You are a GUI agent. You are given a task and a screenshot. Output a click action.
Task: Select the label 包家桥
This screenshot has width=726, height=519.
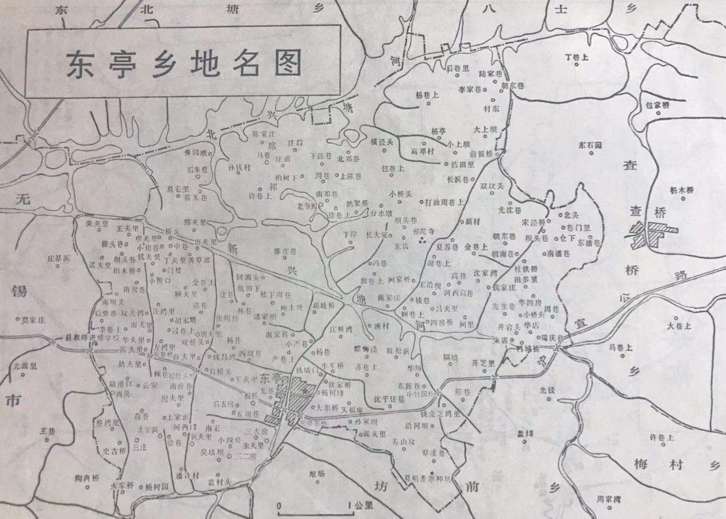658,104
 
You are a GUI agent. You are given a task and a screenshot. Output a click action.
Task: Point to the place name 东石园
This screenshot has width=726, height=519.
590,145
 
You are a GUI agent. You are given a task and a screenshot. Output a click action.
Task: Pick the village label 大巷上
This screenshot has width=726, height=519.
679,326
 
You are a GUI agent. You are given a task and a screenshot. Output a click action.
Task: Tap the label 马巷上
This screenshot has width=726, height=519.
621,347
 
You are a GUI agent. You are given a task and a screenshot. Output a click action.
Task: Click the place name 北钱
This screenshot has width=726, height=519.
548,391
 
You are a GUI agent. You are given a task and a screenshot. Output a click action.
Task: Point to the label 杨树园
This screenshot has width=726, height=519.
157,486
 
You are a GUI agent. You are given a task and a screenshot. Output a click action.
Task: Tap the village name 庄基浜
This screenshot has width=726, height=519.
58,258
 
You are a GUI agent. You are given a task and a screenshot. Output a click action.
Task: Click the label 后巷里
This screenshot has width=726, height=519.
458,69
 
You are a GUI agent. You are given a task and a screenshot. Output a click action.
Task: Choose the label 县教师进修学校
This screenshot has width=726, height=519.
91,338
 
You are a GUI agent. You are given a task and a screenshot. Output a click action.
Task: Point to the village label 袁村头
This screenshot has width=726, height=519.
220,481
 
